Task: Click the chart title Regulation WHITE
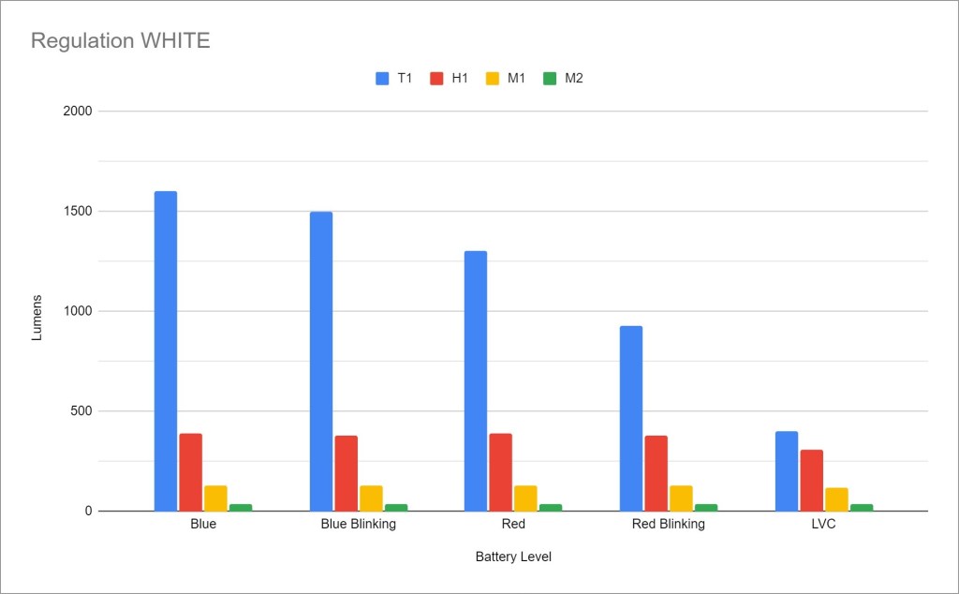point(121,40)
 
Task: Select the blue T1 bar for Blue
point(166,350)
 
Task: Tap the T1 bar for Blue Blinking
point(321,361)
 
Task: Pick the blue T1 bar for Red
point(476,380)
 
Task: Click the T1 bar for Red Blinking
point(630,418)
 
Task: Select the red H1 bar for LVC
point(811,480)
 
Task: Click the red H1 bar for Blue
point(191,471)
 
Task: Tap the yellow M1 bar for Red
point(525,497)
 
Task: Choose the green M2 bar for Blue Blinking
point(396,507)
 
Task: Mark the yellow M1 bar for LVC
point(836,498)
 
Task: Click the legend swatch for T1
point(382,79)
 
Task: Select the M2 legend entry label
point(573,79)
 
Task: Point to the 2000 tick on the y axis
point(78,111)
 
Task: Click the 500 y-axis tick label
point(81,411)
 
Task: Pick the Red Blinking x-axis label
point(668,524)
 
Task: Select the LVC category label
point(823,524)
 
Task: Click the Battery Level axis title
point(513,557)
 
